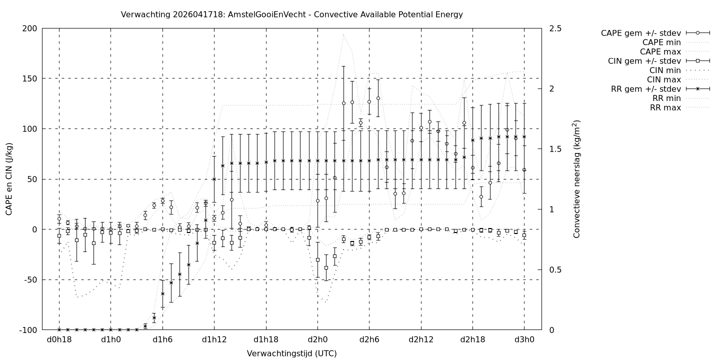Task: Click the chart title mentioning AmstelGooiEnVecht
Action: click(x=291, y=14)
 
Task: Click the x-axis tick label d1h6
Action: click(x=162, y=339)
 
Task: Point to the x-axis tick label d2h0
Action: click(x=317, y=339)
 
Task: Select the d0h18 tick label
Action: click(x=59, y=339)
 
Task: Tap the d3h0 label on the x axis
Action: click(x=524, y=339)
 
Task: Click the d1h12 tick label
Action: click(x=214, y=339)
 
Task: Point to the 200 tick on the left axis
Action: click(x=29, y=28)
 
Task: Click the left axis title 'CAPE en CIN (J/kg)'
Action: click(x=9, y=179)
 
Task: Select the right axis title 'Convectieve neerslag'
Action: click(x=577, y=179)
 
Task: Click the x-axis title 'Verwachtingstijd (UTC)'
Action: click(x=291, y=353)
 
